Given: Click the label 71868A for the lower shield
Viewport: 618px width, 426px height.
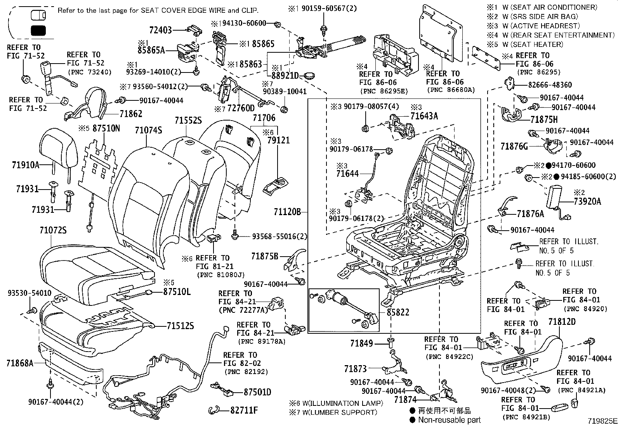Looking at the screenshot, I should (20, 363).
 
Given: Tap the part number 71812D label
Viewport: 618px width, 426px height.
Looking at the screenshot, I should (562, 322).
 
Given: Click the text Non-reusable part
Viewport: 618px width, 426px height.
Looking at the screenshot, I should (449, 420).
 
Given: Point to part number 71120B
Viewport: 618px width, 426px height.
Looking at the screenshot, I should (287, 212).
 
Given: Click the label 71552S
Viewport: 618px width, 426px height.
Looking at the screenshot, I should (188, 121).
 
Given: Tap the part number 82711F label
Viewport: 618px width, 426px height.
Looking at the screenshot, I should (244, 410).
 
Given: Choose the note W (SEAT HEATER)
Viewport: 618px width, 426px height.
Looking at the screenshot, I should (537, 45).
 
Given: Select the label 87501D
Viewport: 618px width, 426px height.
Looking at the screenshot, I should (257, 392).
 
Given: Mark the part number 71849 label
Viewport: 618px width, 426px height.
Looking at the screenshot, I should (361, 343).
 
